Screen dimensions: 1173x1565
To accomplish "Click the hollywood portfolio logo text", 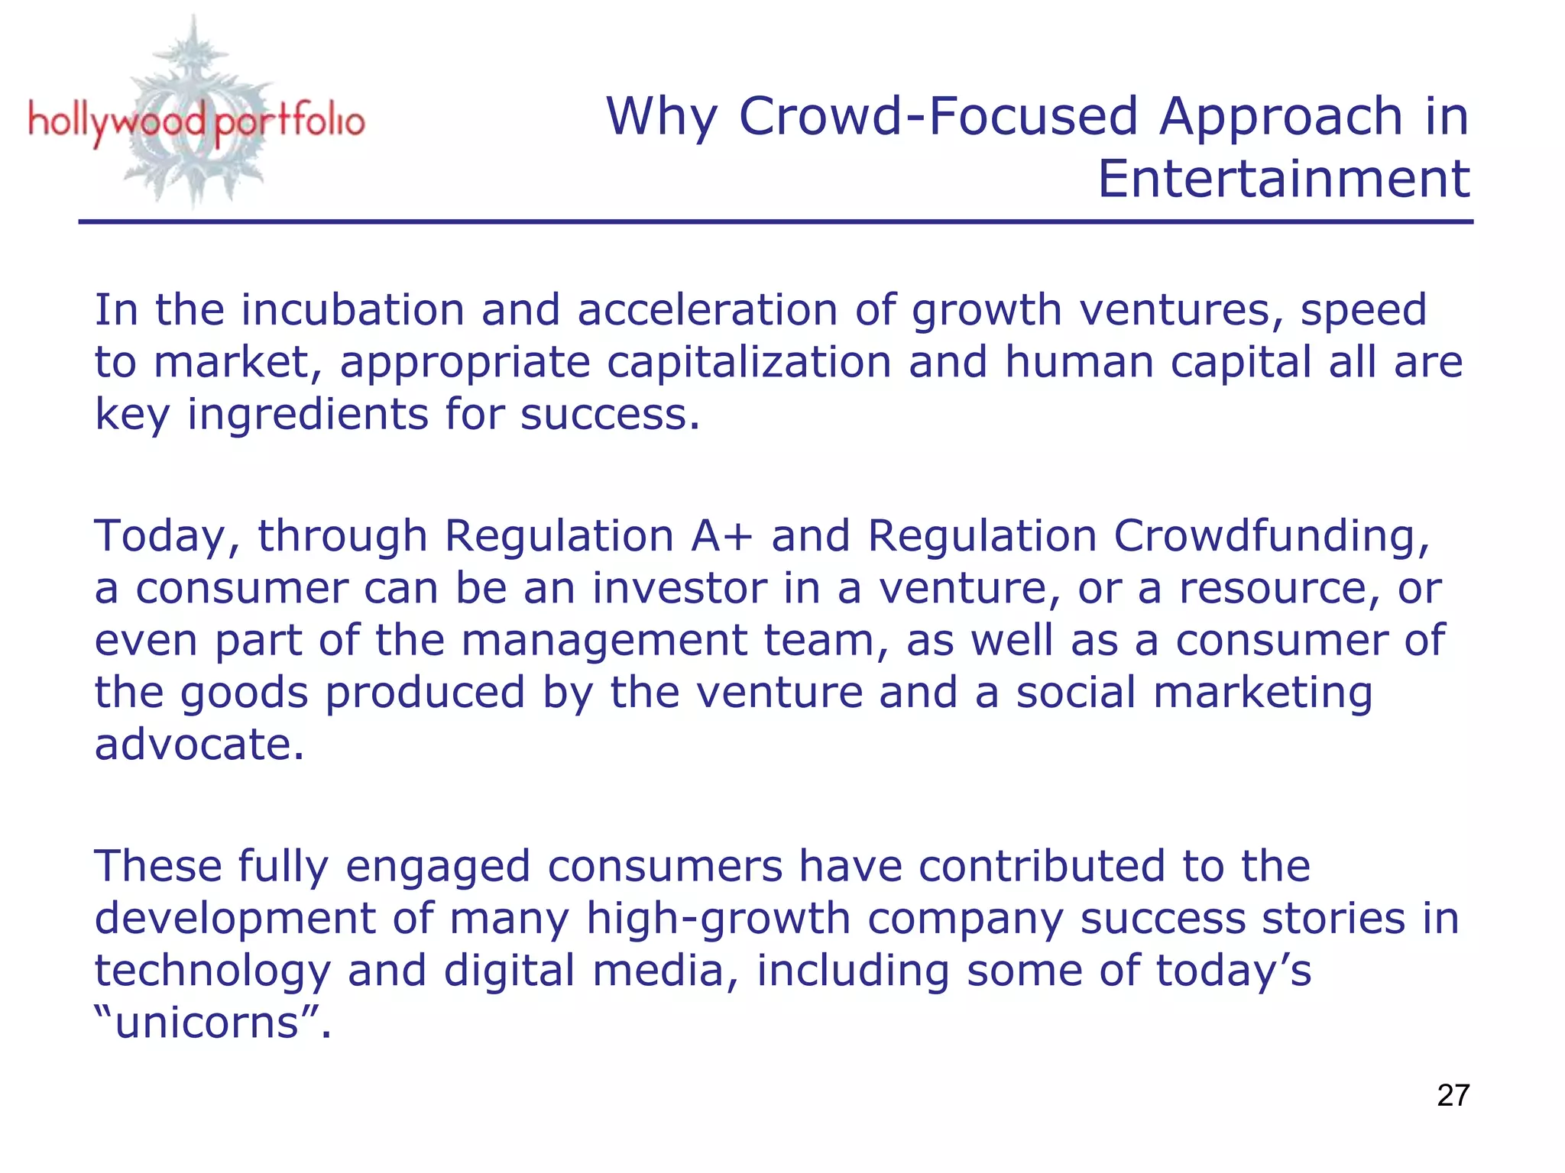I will click(196, 122).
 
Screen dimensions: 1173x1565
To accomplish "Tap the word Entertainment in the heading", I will click(1284, 179).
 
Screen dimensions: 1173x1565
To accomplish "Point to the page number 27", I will click(1453, 1095).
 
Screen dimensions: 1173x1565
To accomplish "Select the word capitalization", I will click(749, 362).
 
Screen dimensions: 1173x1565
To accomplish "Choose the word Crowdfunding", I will click(1270, 536).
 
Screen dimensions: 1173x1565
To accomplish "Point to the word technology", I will click(212, 971).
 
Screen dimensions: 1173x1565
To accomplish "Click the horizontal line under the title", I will click(775, 222).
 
